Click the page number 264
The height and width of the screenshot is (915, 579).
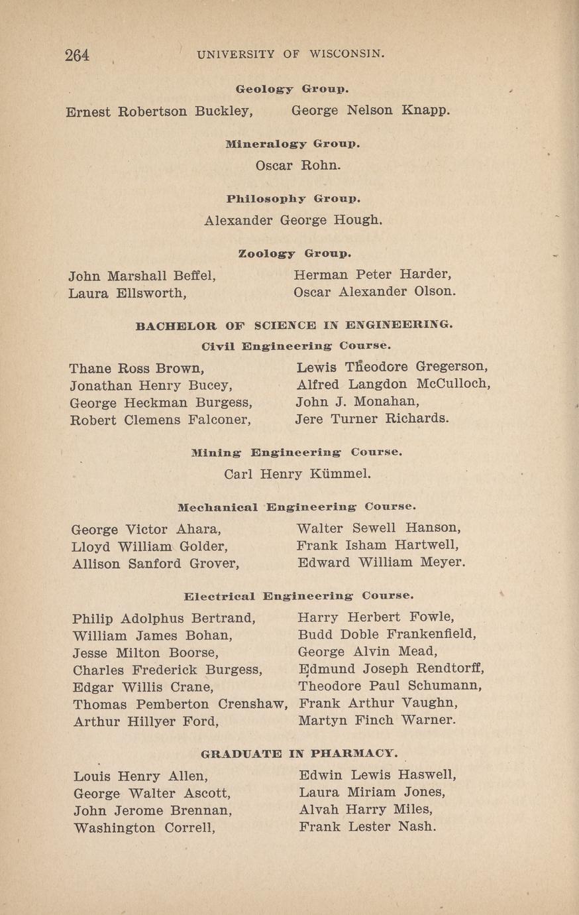pos(77,55)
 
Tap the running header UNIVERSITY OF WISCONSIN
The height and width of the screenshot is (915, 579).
pos(291,54)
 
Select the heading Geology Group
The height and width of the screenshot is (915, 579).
pos(292,88)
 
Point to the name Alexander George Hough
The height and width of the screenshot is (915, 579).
pos(293,219)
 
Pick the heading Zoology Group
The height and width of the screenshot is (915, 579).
pos(294,253)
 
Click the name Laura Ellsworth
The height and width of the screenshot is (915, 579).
pos(127,292)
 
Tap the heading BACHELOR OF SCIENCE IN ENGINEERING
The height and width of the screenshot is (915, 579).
pos(294,326)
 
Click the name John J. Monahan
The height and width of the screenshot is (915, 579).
pos(357,402)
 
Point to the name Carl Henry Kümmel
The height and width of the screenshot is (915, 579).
pos(297,474)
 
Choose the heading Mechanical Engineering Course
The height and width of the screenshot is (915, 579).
pos(297,507)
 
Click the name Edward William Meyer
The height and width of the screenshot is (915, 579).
pos(381,563)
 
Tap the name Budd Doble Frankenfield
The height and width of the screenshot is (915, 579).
pos(387,634)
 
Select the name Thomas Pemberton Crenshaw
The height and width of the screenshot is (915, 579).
pos(180,704)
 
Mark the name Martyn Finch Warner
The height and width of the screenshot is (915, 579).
pos(377,720)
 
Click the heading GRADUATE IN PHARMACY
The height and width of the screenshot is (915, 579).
pos(299,753)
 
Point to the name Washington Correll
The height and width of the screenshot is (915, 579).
pos(144,828)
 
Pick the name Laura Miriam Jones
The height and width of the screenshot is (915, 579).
pos(372,792)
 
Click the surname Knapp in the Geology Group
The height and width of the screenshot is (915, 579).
pos(425,110)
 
